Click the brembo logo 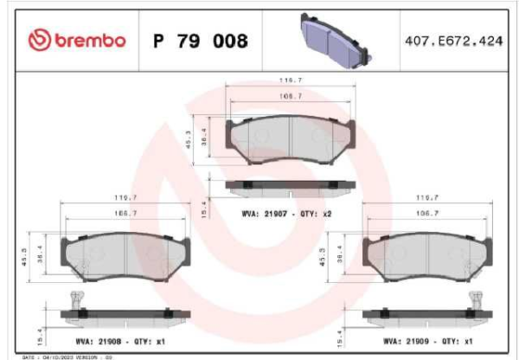click(77, 41)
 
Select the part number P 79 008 click(200, 41)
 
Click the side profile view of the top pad click(289, 184)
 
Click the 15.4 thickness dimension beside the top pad click(204, 209)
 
